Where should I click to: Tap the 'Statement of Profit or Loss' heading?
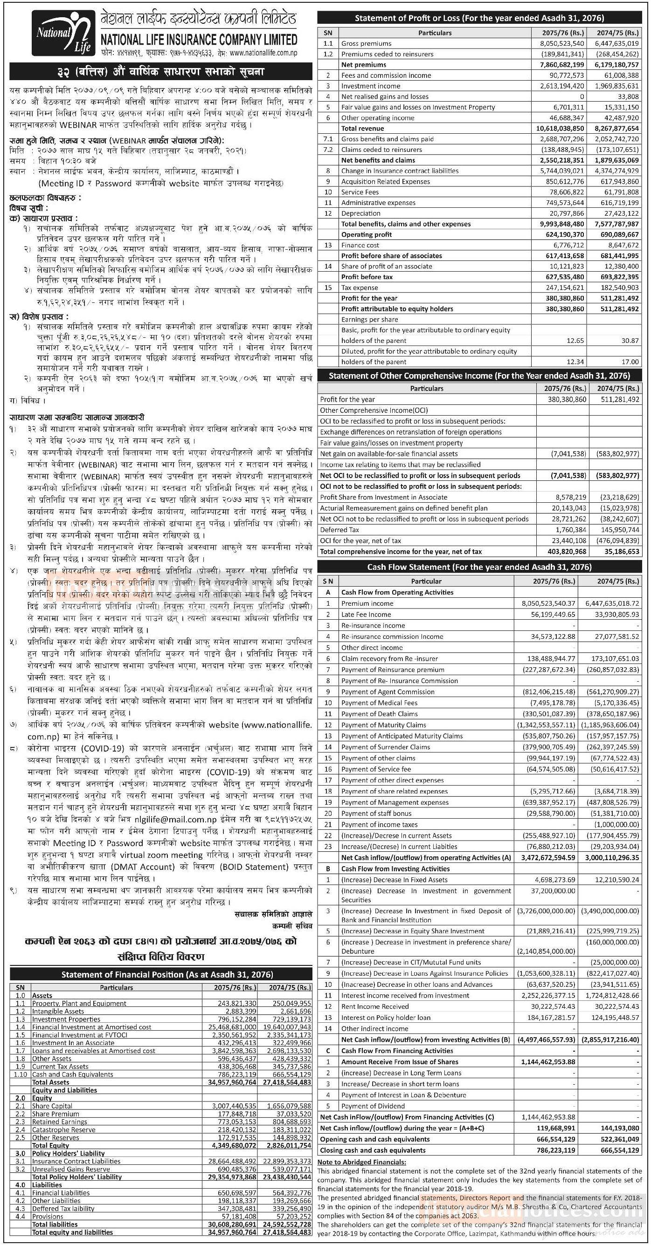pos(479,18)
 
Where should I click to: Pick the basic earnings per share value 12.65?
pos(575,341)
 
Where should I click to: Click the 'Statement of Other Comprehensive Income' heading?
pos(479,376)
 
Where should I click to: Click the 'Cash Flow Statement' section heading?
pos(479,567)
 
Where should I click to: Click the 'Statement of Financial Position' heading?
pos(161,974)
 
